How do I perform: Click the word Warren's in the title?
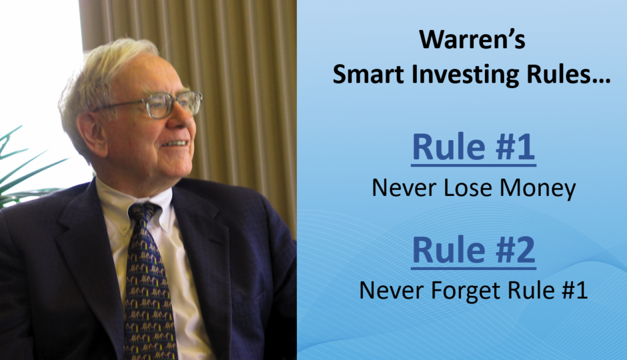[x=472, y=40]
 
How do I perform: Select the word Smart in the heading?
[x=368, y=75]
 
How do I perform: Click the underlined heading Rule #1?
[x=473, y=148]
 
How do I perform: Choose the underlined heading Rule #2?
[x=473, y=250]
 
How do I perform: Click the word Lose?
[x=468, y=187]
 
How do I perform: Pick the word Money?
[x=538, y=189]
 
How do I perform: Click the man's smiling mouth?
[x=175, y=143]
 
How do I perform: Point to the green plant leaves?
[x=24, y=168]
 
